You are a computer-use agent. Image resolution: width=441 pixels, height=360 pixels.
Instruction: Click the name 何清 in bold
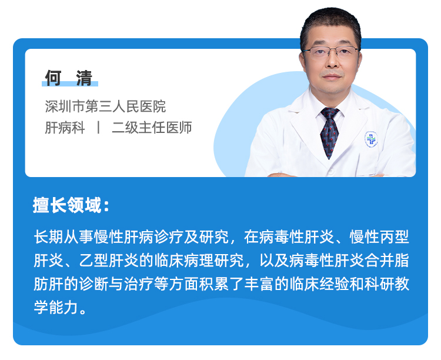(69, 78)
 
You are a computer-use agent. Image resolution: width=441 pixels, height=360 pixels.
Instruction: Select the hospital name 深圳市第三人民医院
(105, 106)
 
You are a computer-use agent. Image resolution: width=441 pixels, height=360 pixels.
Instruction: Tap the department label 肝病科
(65, 128)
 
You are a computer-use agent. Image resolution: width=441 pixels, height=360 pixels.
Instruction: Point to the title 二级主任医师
(152, 128)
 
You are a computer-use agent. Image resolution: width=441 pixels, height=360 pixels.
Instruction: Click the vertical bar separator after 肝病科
(98, 128)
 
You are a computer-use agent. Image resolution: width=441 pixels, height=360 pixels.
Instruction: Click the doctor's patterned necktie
(329, 132)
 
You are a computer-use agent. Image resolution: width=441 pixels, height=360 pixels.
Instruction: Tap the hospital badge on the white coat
(371, 139)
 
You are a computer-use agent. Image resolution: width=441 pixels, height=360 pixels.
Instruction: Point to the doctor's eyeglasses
(330, 52)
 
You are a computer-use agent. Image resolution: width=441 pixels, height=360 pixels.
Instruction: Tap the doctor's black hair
(330, 25)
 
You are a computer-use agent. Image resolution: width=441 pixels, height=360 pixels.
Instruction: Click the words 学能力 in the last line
(56, 307)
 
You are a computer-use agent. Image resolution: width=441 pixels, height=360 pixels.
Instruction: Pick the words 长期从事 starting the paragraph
(64, 236)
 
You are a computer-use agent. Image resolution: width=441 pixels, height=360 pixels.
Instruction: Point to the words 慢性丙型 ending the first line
(379, 236)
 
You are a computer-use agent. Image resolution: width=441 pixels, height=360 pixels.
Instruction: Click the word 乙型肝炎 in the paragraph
(109, 261)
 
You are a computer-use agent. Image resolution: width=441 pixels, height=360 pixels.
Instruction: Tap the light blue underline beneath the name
(70, 84)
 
